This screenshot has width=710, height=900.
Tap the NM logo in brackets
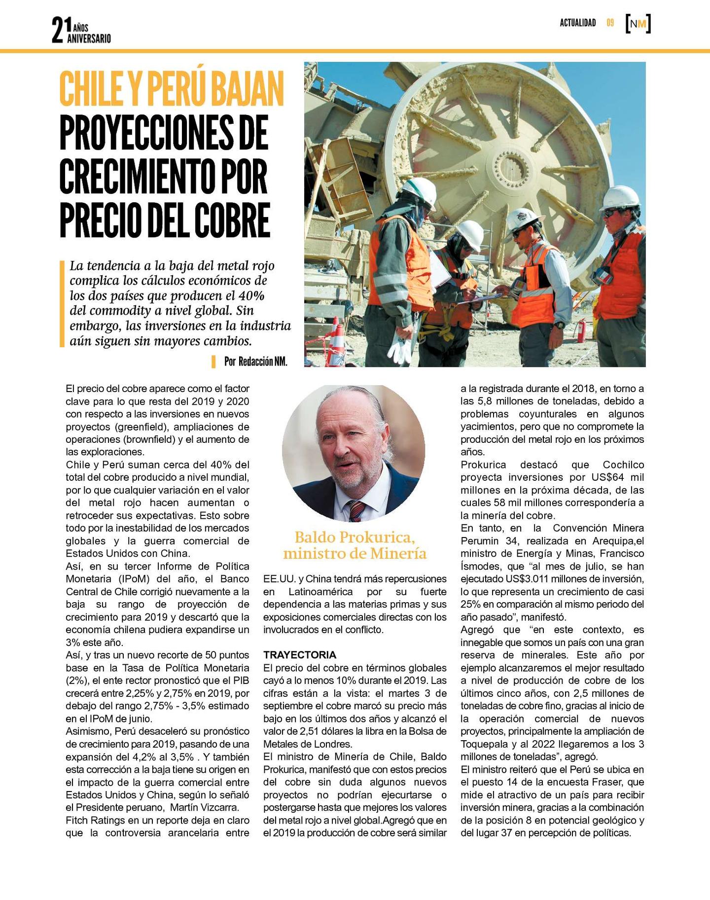(638, 24)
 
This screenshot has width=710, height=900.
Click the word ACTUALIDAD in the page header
(577, 23)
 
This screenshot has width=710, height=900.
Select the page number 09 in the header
(610, 23)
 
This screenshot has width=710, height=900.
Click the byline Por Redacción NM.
(255, 361)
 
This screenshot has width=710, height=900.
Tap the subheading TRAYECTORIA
(299, 655)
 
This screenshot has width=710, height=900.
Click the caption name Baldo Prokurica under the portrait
(355, 537)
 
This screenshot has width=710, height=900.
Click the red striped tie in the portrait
(356, 510)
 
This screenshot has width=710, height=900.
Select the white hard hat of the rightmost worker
(621, 197)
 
